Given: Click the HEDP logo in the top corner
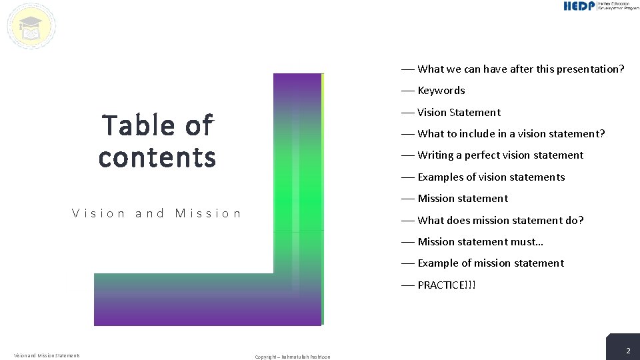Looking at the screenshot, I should coord(601,6).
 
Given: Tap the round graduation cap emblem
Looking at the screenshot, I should coord(31,27).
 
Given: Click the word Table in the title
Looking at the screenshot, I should coord(136,125).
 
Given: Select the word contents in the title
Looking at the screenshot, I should coord(157,157).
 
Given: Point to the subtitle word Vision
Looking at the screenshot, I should coord(99,213).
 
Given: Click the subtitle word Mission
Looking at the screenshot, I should coord(208,213).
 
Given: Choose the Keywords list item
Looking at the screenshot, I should coord(441,91).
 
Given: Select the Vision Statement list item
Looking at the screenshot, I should coord(459,112).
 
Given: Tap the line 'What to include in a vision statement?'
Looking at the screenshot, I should coord(511,133).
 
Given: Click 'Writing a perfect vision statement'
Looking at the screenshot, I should coord(500,155).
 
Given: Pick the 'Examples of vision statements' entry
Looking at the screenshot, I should coord(491,177).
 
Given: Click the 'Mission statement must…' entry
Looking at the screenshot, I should coord(480,241).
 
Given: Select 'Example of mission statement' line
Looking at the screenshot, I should coord(490,263).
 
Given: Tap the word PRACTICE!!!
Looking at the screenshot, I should coord(447,285).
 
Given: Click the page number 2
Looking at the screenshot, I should coord(627,351).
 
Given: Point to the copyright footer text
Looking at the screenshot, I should coord(292,357).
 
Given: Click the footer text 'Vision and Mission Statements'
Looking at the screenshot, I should coord(47,355).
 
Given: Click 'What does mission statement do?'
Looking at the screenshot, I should coord(500,220).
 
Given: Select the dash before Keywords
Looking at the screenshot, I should coord(407,91).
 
